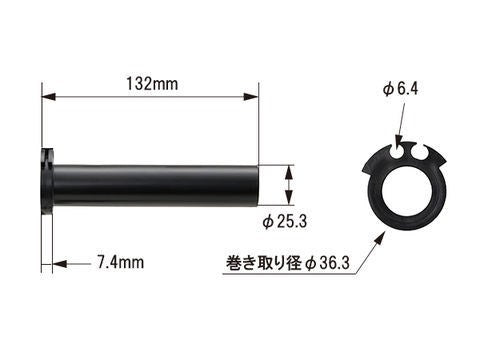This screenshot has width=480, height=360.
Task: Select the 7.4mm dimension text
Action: point(122,264)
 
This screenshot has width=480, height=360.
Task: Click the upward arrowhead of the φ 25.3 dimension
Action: point(289,169)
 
